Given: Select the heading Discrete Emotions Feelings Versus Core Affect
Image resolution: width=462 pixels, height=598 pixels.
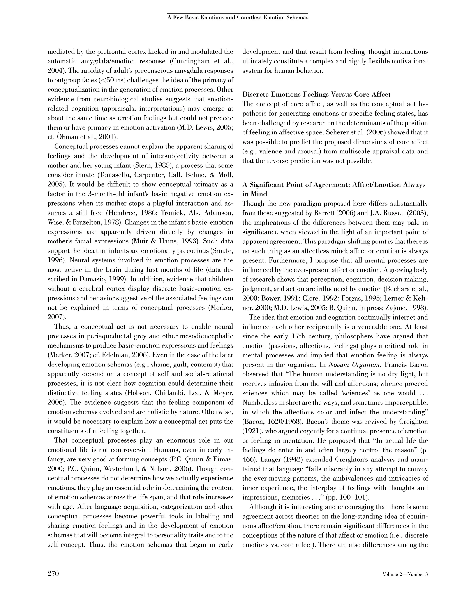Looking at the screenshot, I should pos(316,95).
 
